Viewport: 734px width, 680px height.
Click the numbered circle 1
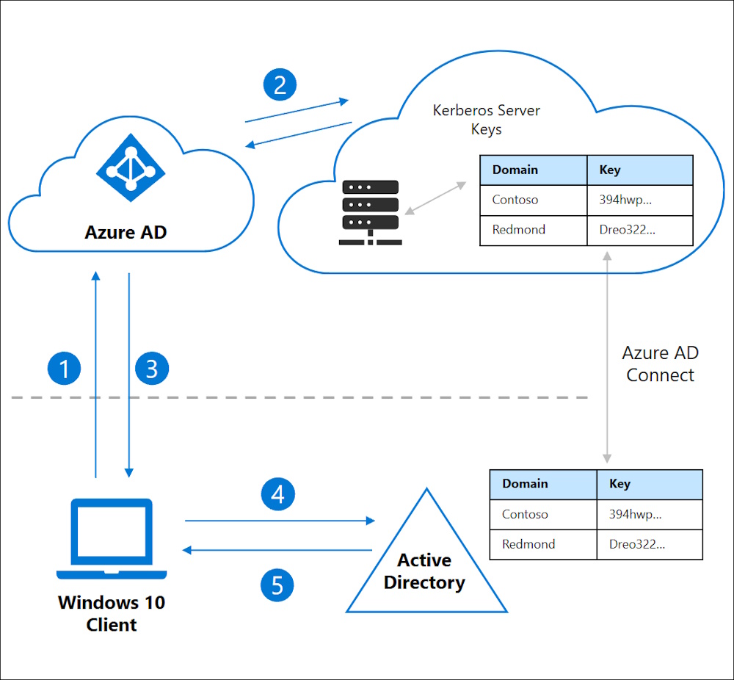click(64, 368)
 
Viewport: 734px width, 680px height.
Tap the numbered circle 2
click(280, 84)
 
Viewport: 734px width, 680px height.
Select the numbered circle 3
click(152, 368)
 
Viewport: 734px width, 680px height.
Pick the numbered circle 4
click(278, 494)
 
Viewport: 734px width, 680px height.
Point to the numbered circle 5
click(277, 585)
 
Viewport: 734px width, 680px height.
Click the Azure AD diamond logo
click(131, 167)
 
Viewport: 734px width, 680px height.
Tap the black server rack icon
click(370, 212)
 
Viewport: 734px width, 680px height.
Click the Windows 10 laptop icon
click(112, 539)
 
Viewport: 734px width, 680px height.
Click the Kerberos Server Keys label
click(487, 120)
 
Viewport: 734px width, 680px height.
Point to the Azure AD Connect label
click(660, 363)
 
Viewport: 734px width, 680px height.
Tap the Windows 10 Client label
click(112, 613)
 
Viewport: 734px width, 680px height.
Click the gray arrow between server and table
click(435, 198)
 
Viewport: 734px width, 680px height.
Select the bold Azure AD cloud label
click(126, 232)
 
